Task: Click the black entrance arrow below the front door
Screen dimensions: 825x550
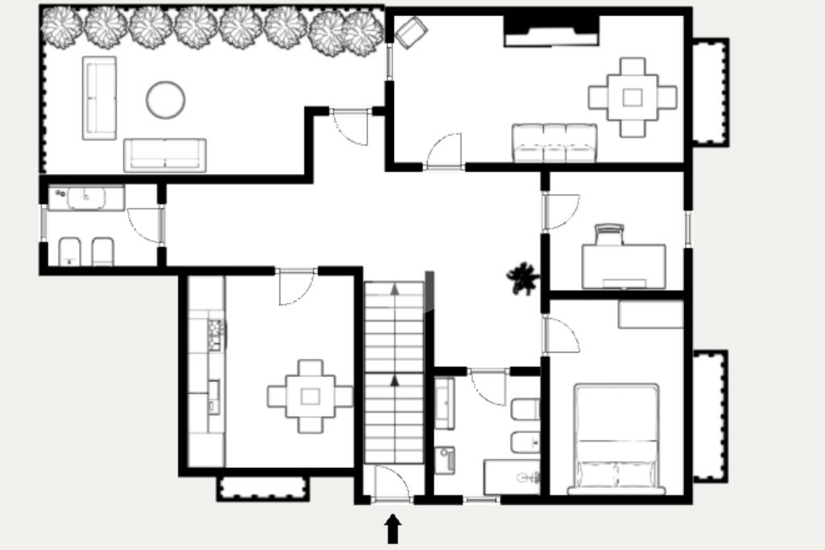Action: (x=392, y=529)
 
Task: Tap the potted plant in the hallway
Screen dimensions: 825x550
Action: (x=522, y=278)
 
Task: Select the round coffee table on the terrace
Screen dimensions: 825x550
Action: (x=165, y=100)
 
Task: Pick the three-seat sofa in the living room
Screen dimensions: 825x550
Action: (x=554, y=143)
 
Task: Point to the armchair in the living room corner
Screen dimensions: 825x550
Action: (x=410, y=33)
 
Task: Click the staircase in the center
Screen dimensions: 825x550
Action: (x=394, y=371)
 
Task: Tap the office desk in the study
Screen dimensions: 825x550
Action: (x=624, y=265)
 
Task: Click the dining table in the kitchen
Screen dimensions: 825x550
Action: (x=310, y=395)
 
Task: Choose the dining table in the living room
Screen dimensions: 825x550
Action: (x=632, y=97)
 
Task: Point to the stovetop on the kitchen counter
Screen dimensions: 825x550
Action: (x=216, y=334)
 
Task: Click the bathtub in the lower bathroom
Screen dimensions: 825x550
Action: (x=512, y=477)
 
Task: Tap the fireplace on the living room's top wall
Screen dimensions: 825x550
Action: (x=551, y=31)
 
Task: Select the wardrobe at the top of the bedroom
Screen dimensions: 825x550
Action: (x=650, y=315)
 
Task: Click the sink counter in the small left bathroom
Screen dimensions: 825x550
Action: (x=85, y=197)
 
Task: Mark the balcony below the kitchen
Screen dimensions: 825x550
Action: (x=263, y=488)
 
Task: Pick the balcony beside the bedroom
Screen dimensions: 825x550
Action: (x=710, y=416)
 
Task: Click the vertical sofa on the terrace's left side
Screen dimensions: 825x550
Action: (x=99, y=97)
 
